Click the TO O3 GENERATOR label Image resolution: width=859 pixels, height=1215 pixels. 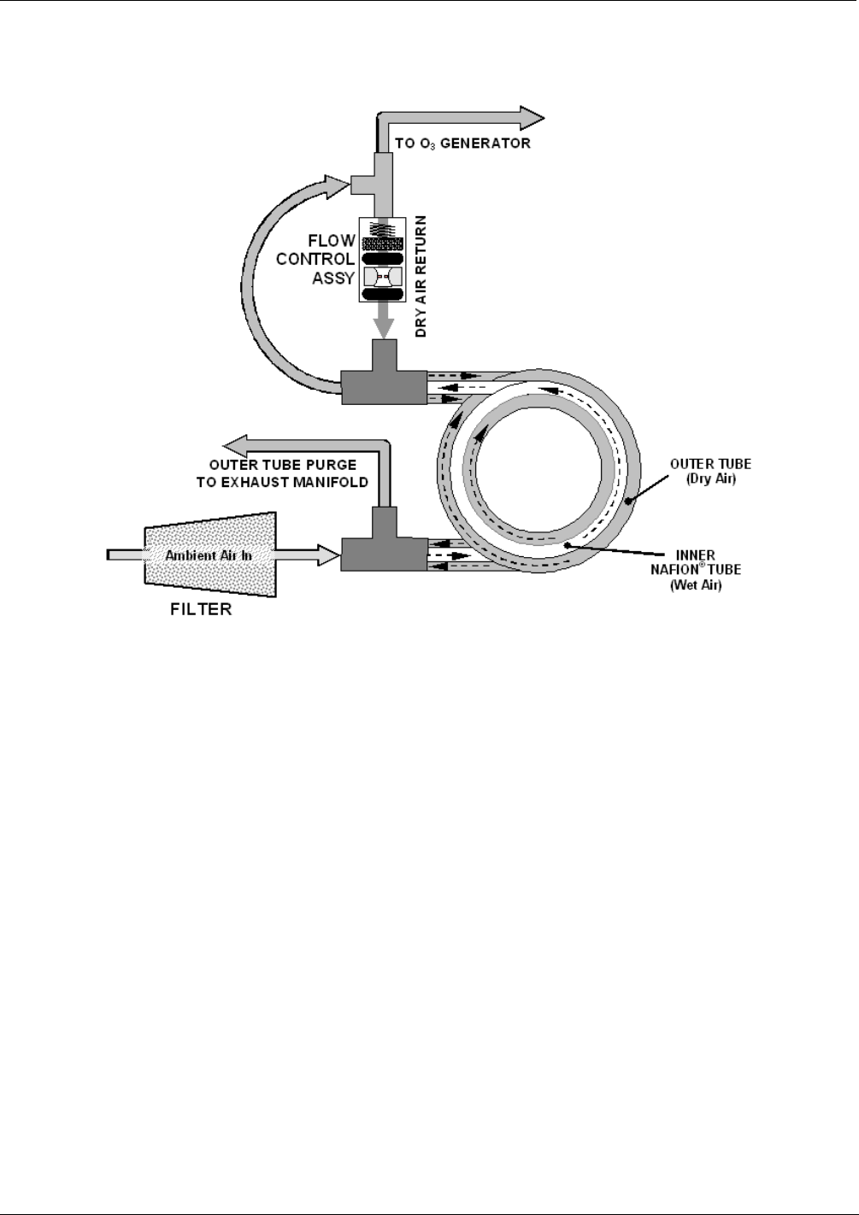(x=462, y=144)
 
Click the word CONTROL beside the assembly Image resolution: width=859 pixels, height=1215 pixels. (x=315, y=259)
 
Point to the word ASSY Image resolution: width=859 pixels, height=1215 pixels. (x=333, y=278)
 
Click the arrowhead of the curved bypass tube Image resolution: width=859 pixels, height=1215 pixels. (x=337, y=182)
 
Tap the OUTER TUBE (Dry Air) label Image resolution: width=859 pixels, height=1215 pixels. (x=710, y=471)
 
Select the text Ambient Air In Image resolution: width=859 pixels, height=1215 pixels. (x=209, y=555)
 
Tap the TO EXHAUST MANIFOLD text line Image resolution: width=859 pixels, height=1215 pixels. (x=288, y=482)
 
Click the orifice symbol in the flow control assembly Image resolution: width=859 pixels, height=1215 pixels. (x=381, y=277)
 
